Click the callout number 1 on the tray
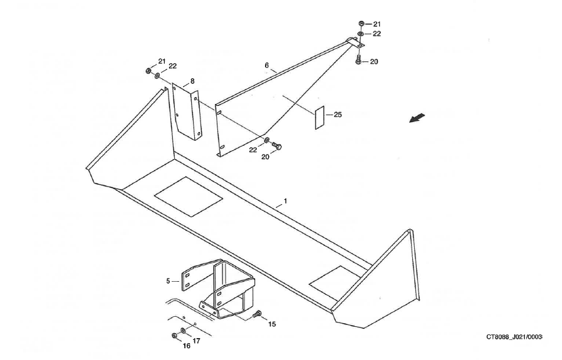285,201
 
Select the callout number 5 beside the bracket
168,282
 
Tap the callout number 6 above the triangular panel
266,65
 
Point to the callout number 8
192,81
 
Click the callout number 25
338,115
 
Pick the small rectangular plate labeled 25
318,117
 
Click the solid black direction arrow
417,118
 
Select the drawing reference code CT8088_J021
514,337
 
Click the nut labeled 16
174,336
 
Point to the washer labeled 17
182,330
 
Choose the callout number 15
272,324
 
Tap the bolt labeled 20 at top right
358,60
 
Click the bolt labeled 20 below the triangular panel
278,146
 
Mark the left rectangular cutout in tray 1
189,196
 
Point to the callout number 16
186,346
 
